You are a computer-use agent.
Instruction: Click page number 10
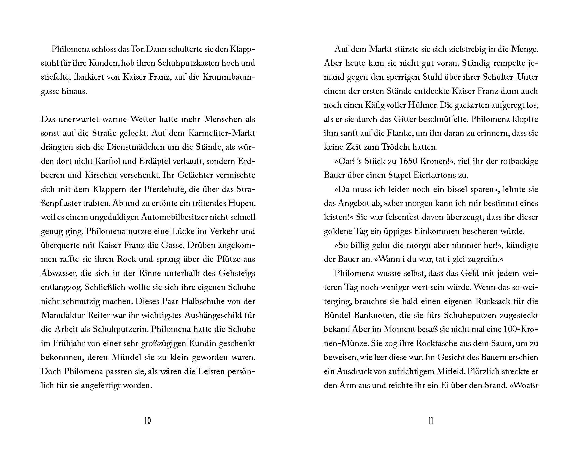[147, 420]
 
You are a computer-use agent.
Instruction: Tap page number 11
[431, 420]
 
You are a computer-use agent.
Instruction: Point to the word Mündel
[126, 357]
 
